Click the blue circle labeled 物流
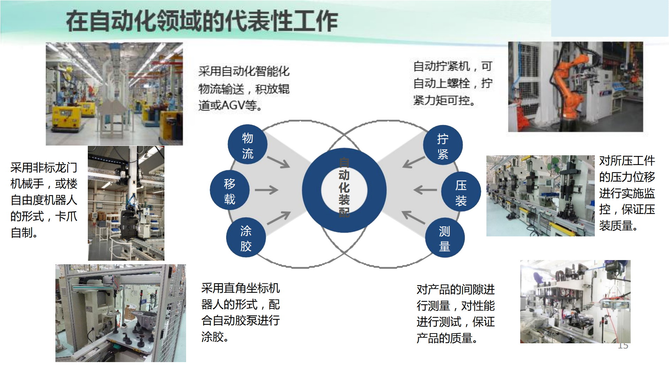pos(247,144)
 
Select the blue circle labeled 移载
pos(230,190)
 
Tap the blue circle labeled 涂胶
pos(246,238)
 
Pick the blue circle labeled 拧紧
pos(443,145)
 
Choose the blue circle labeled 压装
pos(461,191)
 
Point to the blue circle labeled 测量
pos(445,238)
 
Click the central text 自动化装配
pos(344,187)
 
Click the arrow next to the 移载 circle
pos(267,190)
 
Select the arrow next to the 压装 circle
pos(425,190)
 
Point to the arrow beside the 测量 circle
pos(414,217)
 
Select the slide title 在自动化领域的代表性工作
pos(202,21)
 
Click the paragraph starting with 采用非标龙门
pos(44,200)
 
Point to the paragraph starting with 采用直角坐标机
pos(240,312)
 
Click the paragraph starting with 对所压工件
pos(627,193)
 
